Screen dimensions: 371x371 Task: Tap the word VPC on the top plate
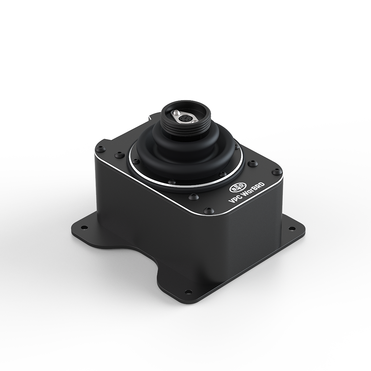(x=235, y=200)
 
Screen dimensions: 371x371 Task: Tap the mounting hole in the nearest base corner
(x=188, y=292)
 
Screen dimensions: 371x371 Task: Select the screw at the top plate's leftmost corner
(x=100, y=149)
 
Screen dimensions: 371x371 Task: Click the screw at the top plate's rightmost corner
(x=276, y=172)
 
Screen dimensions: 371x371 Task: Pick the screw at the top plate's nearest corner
(x=209, y=210)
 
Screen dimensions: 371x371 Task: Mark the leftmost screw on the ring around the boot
(x=136, y=161)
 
